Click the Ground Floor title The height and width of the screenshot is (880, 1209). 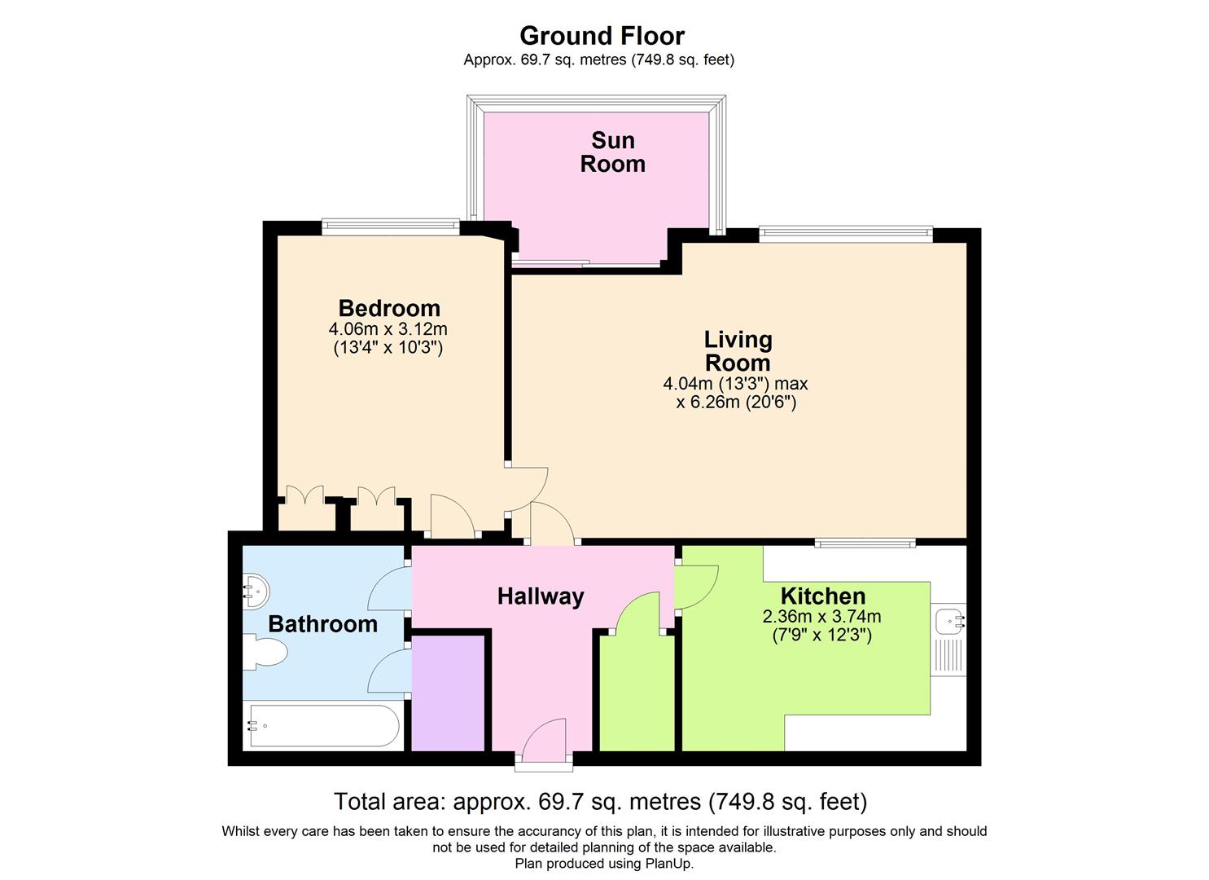(602, 36)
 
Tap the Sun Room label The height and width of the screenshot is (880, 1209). (612, 152)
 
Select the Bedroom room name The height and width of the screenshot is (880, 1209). (389, 308)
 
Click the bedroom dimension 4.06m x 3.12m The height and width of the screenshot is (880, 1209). (388, 329)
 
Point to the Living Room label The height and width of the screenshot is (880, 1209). (738, 351)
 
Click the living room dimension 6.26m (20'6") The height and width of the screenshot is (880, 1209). (736, 403)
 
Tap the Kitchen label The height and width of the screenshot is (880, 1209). (822, 596)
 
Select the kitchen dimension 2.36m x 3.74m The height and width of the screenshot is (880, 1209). (821, 617)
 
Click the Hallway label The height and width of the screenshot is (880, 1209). (541, 596)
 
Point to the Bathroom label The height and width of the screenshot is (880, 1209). (322, 624)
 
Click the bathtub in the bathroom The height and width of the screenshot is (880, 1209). (322, 725)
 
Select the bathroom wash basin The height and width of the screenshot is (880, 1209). (255, 590)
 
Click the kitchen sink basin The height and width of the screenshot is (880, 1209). (949, 622)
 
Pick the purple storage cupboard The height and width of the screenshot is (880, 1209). (449, 692)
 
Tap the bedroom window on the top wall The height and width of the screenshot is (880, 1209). (391, 227)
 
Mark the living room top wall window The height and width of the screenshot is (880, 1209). (845, 234)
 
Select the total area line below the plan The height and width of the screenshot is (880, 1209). (600, 802)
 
